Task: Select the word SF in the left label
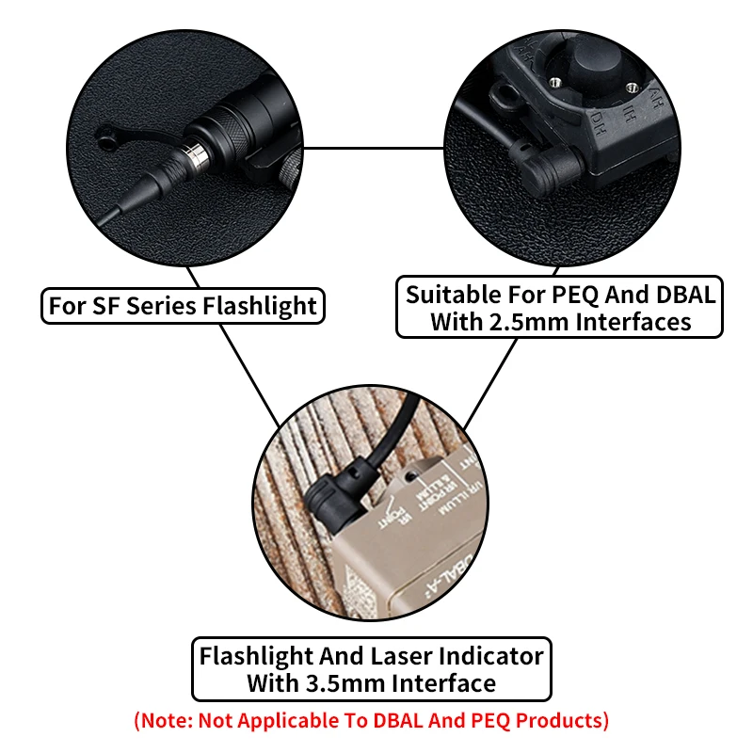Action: (x=101, y=305)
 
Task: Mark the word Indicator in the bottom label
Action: (x=494, y=655)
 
